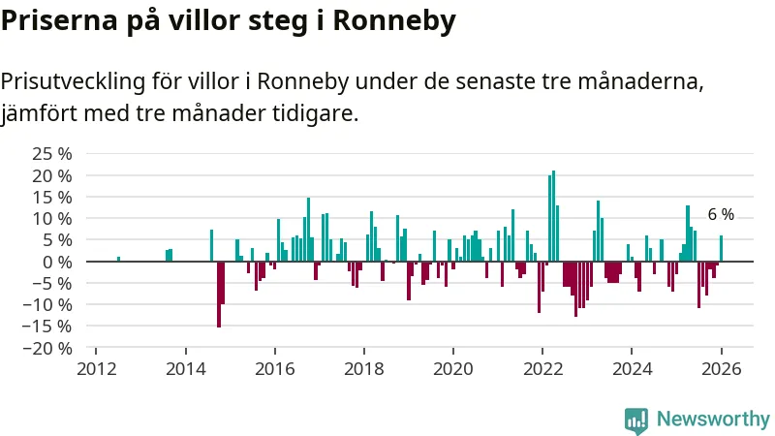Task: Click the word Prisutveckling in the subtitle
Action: [x=70, y=80]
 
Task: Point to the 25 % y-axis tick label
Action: [x=51, y=154]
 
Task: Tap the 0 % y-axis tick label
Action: [x=57, y=262]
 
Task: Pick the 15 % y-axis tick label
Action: [x=51, y=197]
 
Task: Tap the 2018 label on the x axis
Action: [x=364, y=369]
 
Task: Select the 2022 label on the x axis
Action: [x=542, y=369]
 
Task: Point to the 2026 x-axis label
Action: [x=721, y=369]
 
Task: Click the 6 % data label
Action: [x=721, y=215]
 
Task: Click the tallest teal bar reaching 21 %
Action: [x=553, y=216]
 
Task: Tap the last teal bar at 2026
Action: [x=721, y=248]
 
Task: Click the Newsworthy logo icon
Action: [x=636, y=420]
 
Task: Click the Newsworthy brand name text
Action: [x=713, y=420]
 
